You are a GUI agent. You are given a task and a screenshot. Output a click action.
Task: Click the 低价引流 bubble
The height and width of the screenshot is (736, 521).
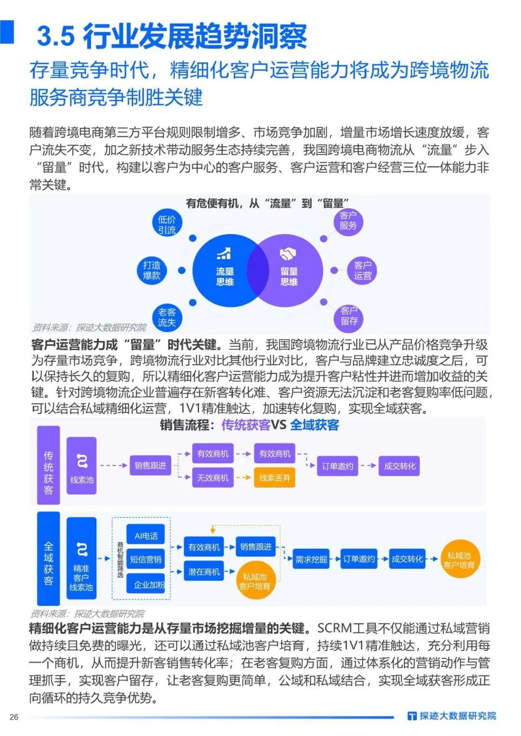pos(167,224)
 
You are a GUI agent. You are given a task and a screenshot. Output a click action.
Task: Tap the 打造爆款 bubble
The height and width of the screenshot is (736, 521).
pos(151,270)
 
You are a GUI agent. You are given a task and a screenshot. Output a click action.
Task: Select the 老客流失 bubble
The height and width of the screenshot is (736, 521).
pos(167,317)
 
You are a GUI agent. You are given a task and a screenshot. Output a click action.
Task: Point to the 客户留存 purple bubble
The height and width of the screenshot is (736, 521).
pos(348,316)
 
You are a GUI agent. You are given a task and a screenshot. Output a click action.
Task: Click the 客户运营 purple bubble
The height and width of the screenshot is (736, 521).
pos(362,270)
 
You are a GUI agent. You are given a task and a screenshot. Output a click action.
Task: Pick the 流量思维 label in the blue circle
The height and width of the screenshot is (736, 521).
pos(225,276)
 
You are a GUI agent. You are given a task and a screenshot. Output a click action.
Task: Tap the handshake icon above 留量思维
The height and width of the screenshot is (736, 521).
pos(288,254)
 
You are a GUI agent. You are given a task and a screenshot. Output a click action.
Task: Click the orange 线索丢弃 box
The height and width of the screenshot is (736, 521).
pos(274,478)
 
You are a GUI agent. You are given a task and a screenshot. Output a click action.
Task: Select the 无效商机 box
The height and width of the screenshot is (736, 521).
pos(213,478)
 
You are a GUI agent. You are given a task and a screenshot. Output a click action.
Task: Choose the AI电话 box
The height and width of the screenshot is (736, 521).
pos(146,536)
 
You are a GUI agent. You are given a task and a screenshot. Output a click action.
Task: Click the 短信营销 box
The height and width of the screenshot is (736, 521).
pos(146,559)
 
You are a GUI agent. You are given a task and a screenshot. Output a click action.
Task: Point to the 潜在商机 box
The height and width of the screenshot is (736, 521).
pos(204,572)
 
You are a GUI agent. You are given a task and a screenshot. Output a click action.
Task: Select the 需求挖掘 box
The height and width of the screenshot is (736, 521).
pos(311,559)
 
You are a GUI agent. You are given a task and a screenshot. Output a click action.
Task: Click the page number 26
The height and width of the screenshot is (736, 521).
pos(14,717)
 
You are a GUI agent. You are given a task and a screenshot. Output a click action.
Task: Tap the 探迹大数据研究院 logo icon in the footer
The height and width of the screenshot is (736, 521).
pos(411,716)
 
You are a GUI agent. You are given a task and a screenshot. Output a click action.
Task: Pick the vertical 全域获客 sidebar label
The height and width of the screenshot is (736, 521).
pos(48,558)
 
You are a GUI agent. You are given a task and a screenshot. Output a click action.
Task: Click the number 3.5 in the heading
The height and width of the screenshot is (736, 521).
pos(56,37)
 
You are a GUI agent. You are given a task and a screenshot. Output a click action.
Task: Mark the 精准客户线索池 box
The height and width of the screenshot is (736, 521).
pos(81,561)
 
